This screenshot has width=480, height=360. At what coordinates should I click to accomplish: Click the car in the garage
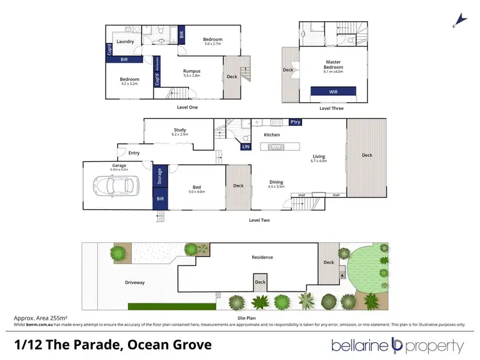116,186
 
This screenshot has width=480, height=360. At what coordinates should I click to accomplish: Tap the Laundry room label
125,42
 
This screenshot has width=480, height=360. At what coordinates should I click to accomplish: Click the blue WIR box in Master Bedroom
333,92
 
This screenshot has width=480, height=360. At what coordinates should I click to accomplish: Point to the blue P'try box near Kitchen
295,121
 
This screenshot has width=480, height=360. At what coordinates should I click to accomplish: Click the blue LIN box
246,146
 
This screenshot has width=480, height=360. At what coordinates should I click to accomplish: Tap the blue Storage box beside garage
159,176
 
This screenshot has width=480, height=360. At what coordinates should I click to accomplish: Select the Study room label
179,130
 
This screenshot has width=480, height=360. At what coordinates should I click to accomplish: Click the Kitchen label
273,135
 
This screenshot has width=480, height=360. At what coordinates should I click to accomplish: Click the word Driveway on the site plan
134,282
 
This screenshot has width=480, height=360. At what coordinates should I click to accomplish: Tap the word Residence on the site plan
262,257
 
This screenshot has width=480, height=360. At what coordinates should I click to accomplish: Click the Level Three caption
331,108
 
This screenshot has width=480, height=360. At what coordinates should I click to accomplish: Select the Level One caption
188,107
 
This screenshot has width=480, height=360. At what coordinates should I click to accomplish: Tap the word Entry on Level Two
134,153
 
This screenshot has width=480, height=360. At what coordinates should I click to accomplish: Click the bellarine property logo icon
396,345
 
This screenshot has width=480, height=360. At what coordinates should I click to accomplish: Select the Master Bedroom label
333,65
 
